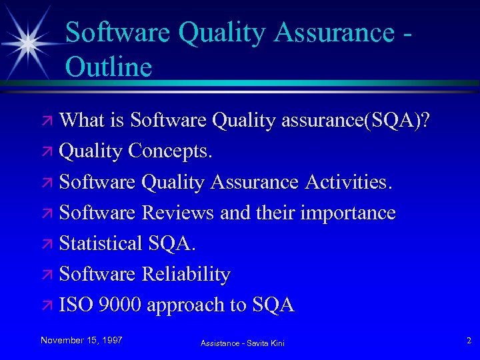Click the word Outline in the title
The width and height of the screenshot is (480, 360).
coord(109,67)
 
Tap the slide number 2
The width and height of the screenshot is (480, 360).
coord(469,341)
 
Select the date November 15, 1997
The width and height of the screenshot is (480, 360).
coord(81,340)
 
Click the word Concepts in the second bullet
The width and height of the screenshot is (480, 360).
coord(170,151)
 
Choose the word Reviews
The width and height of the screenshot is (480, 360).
coord(177,213)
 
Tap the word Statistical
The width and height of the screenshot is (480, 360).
coord(101,243)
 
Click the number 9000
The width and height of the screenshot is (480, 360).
coord(119,305)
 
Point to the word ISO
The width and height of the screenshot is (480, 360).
coord(76,305)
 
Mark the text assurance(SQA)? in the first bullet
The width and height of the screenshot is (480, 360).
coord(356,121)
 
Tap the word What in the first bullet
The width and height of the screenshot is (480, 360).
coord(83,120)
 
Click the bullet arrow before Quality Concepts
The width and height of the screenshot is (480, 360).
coord(49,152)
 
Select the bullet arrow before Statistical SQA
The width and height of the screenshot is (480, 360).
coord(49,244)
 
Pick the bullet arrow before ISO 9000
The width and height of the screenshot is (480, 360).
coord(49,305)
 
